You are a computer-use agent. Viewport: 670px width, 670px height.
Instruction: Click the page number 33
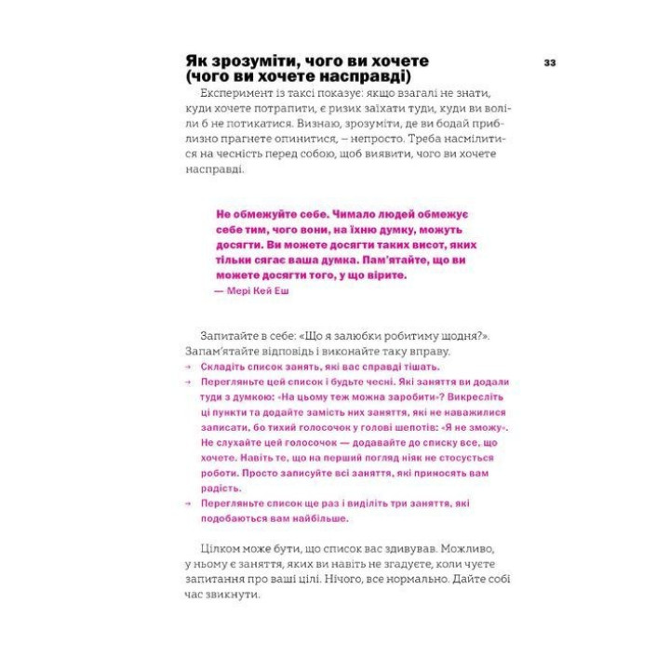[549, 62]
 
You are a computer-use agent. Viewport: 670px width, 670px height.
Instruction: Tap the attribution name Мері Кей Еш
[258, 290]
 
